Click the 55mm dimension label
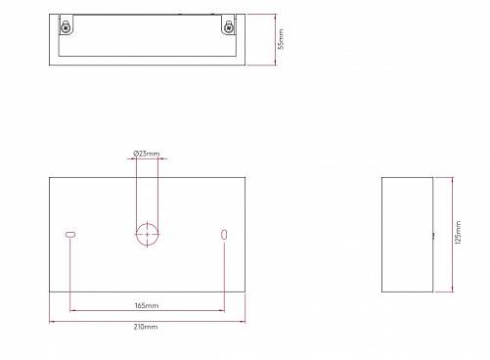281,39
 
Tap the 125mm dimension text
458,233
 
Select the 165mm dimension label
147,306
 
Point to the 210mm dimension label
146,327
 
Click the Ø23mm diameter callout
147,154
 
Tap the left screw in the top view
66,27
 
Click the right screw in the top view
229,27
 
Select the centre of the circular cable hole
147,234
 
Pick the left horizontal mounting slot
70,234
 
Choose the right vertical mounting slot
224,234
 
